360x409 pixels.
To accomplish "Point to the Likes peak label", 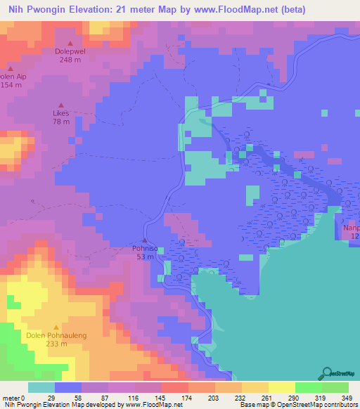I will pyautogui.click(x=61, y=112).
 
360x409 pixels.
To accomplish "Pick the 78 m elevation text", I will pyautogui.click(x=61, y=122).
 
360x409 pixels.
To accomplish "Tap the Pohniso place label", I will pyautogui.click(x=145, y=248).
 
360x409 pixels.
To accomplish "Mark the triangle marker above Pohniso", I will pyautogui.click(x=145, y=240).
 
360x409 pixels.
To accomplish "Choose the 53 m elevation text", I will pyautogui.click(x=145, y=257).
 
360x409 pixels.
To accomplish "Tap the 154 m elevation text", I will pyautogui.click(x=7, y=85).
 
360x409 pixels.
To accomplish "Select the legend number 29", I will pyautogui.click(x=53, y=397).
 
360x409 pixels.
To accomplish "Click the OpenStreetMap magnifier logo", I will pyautogui.click(x=327, y=374).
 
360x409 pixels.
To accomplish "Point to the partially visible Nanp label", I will pyautogui.click(x=351, y=228).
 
